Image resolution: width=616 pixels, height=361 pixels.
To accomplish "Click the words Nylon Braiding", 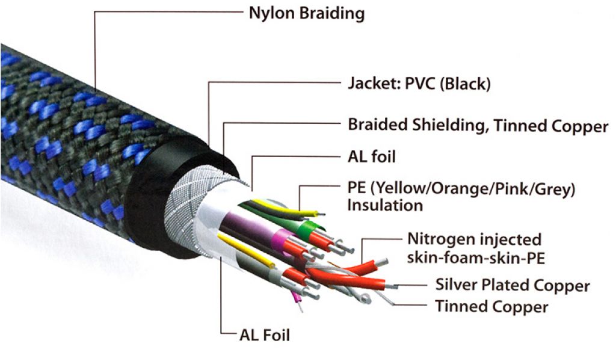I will coord(306,13).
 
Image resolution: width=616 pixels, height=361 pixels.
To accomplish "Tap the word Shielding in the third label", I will coord(440,126).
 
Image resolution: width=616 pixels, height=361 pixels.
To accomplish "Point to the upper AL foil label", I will coord(372,157).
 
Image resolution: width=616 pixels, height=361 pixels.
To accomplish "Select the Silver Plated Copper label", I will coord(512,285).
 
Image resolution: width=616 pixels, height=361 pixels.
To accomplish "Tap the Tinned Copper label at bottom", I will coord(491,307).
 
